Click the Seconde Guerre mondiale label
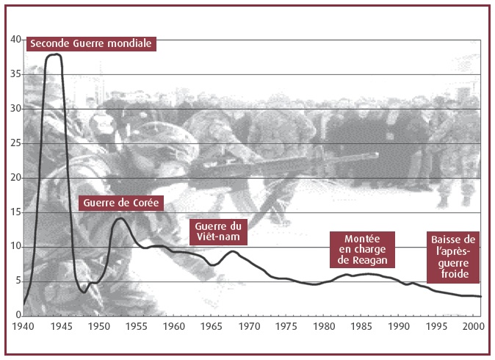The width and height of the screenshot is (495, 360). (x=91, y=43)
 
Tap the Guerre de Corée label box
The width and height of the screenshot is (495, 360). (x=121, y=203)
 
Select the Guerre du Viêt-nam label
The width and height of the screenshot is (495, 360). (x=218, y=231)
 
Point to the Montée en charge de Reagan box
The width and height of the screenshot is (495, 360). (x=362, y=250)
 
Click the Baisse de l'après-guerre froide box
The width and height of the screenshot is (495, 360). (x=453, y=256)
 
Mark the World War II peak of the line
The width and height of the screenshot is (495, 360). (x=56, y=54)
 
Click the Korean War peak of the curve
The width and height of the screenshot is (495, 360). (x=120, y=218)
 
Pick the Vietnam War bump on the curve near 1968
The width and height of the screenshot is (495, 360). (x=233, y=251)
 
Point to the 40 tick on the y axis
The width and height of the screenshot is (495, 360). (x=15, y=40)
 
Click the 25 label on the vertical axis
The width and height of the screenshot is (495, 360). (x=15, y=143)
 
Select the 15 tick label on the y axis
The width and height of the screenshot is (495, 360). (x=15, y=212)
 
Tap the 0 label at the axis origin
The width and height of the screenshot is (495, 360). (x=18, y=315)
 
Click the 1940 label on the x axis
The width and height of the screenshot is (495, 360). (x=23, y=326)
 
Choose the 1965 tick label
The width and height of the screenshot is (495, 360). (x=212, y=326)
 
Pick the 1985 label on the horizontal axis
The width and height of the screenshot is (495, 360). (x=361, y=326)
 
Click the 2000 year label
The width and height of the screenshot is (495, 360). (x=473, y=326)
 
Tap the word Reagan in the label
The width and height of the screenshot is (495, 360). (x=369, y=261)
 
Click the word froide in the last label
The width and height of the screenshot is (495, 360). (x=455, y=274)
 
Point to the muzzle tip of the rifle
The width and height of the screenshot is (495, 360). (x=377, y=155)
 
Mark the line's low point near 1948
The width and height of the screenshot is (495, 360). (x=84, y=292)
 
